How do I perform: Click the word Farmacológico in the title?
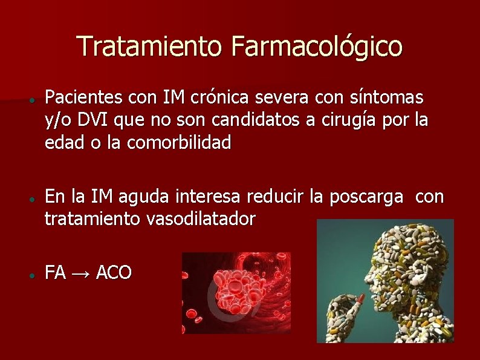316,47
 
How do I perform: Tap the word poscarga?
366,197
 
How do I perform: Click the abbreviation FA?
55,273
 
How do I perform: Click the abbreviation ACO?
113,273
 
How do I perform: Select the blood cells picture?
236,293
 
